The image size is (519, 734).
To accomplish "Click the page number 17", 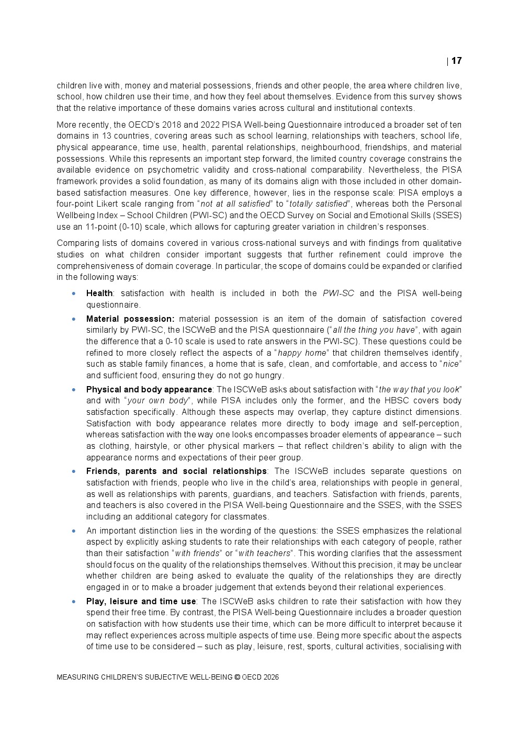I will coord(456,61).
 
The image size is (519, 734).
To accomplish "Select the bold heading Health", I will coord(99,293).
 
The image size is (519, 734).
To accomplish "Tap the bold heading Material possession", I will coord(130,319).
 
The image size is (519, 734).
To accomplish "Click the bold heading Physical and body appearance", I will coord(149,389).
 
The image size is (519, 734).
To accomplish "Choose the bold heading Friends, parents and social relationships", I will coord(176,471).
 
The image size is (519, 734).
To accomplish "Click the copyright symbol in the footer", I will coord(237,677).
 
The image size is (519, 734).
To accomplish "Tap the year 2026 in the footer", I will coord(272,677).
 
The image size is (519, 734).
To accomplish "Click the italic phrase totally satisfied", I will coord(318,204).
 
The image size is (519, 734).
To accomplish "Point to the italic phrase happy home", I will coord(302,353).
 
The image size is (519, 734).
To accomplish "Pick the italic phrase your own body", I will coord(157,401).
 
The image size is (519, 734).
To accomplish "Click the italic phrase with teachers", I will coord(264,554).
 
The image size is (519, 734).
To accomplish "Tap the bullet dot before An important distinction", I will coord(74,531).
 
